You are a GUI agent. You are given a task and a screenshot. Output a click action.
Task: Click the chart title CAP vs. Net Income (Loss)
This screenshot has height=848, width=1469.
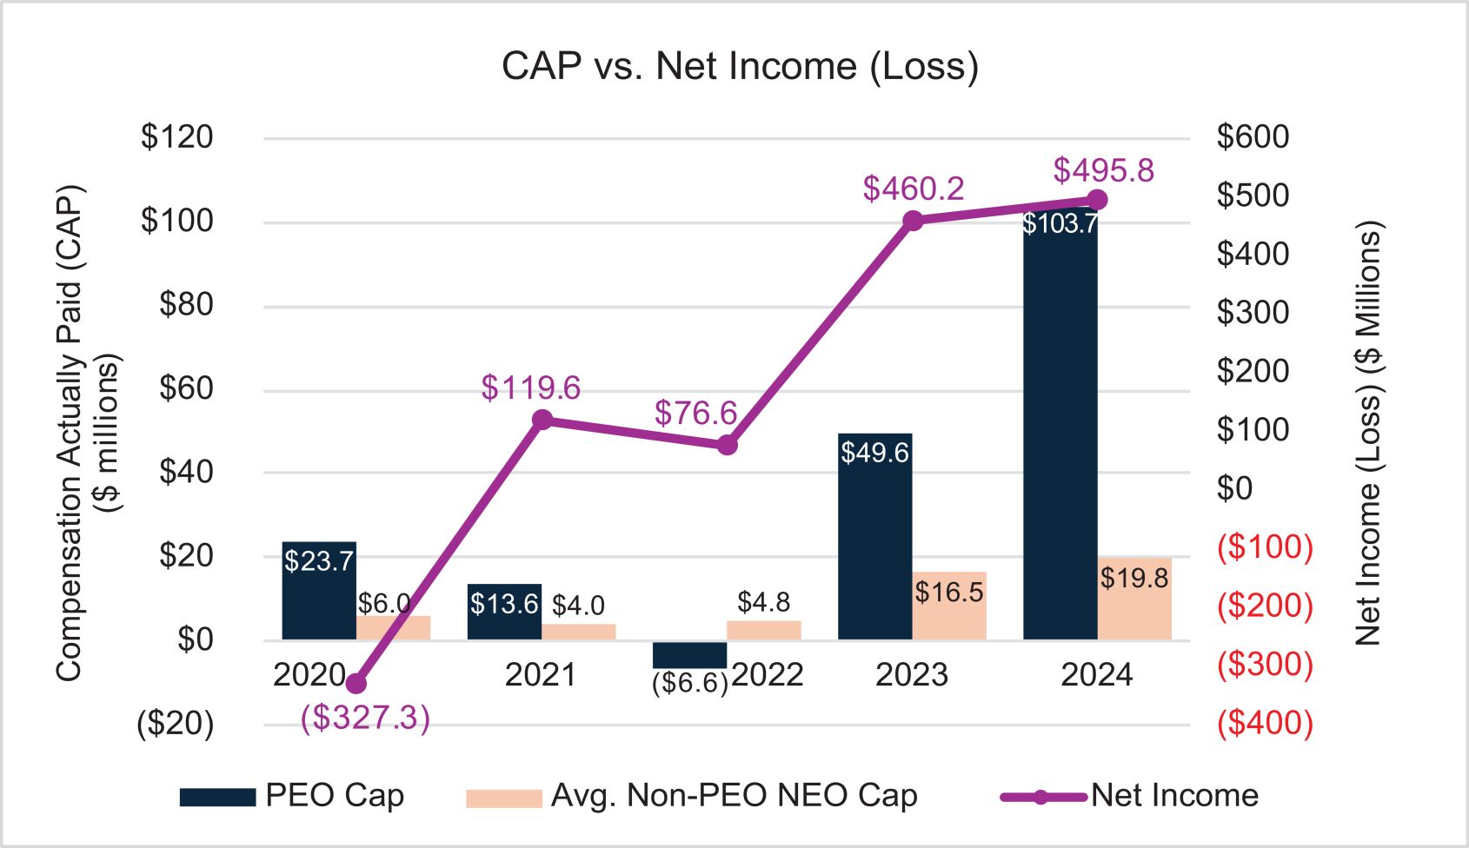tap(740, 66)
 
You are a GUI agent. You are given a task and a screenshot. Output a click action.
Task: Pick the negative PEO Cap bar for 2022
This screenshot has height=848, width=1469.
tap(689, 654)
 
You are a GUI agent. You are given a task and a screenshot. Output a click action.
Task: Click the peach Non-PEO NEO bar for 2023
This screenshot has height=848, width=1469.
tap(949, 606)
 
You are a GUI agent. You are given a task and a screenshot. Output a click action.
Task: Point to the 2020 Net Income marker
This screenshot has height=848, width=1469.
tap(356, 684)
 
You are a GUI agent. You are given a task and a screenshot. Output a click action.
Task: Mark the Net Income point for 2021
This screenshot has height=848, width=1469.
tap(542, 421)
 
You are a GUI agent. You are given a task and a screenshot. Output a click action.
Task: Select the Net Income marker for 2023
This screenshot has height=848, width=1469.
tap(913, 221)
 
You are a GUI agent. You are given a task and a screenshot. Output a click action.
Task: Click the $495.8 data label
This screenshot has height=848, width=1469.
tap(1103, 170)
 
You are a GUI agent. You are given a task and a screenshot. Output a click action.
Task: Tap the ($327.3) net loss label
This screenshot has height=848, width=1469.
tap(365, 718)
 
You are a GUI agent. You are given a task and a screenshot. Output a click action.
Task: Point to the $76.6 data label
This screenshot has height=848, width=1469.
tap(695, 413)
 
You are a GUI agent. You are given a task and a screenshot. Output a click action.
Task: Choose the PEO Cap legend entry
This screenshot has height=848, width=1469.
tap(292, 796)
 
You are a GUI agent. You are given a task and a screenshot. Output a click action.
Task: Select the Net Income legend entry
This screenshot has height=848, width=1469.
tap(1129, 796)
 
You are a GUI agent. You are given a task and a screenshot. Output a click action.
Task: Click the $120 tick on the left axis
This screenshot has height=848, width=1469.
tap(177, 137)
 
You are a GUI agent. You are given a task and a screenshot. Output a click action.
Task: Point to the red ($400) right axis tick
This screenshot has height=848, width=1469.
tap(1265, 723)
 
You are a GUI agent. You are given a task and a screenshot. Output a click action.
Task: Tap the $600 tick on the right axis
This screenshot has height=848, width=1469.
tap(1253, 137)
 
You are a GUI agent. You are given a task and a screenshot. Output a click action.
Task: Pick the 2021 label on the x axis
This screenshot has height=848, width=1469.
tap(540, 675)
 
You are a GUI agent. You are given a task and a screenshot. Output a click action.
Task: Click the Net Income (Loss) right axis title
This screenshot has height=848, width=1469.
tap(1367, 433)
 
